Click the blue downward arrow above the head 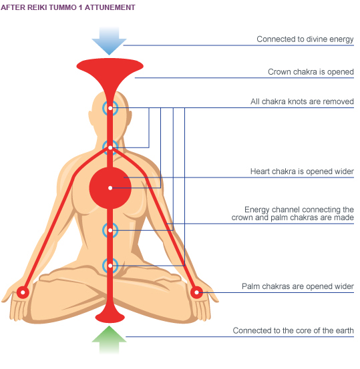109,41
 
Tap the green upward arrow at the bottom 109,340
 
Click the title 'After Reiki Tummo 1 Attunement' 68,7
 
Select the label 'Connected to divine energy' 305,39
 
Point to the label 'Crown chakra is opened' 311,72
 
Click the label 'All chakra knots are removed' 302,101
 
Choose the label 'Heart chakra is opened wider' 302,171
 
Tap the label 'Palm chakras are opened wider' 298,286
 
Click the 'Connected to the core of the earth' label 293,330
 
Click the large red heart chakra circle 110,188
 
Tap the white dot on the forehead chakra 110,108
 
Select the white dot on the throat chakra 110,147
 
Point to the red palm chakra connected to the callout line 196,292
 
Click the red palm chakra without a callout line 23,292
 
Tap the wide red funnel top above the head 110,66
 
